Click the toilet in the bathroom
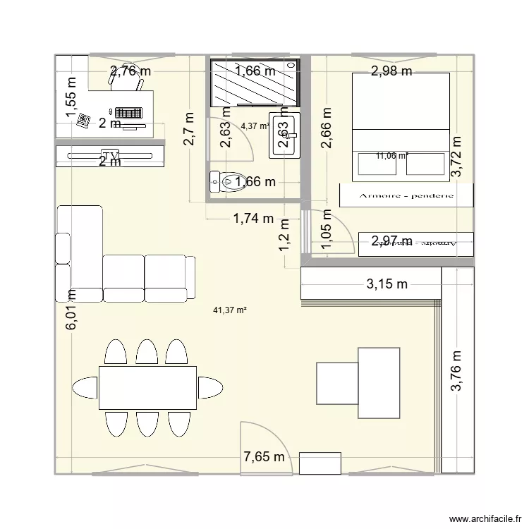(x=227, y=182)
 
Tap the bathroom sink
(x=284, y=134)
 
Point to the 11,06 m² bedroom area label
(x=392, y=156)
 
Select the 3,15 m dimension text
(x=386, y=285)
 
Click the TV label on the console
(x=109, y=154)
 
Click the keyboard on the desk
(x=129, y=112)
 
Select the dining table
(x=147, y=388)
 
